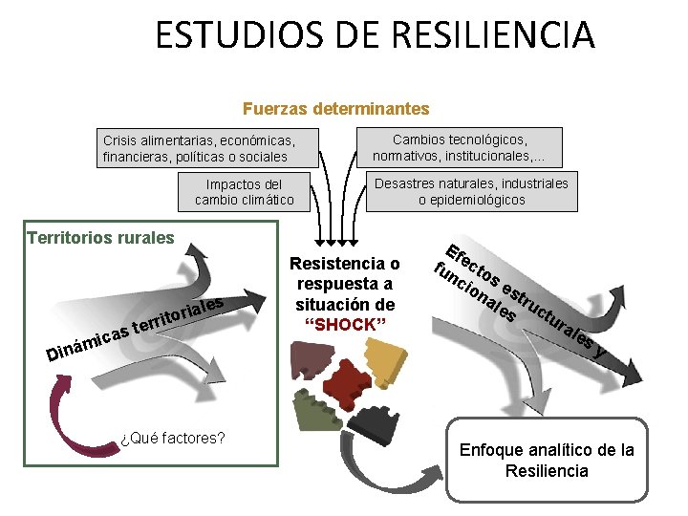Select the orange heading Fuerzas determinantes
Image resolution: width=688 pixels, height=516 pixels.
(x=336, y=110)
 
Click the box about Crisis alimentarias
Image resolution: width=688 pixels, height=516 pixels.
(x=209, y=148)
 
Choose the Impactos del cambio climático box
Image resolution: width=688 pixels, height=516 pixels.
(x=245, y=192)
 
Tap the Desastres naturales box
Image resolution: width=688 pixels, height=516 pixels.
(x=471, y=191)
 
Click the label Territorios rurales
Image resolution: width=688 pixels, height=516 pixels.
(x=100, y=237)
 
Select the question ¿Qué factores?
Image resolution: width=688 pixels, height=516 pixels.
(x=173, y=438)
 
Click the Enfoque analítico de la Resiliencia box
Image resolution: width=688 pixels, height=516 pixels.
(x=547, y=460)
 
